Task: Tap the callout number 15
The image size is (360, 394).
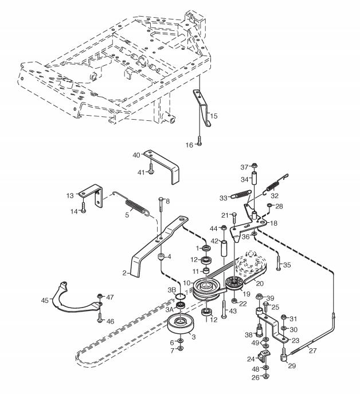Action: tap(214, 116)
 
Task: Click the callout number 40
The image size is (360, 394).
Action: tap(136, 155)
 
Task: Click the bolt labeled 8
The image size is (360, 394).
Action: tap(161, 218)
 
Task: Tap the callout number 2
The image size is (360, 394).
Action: tap(124, 273)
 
